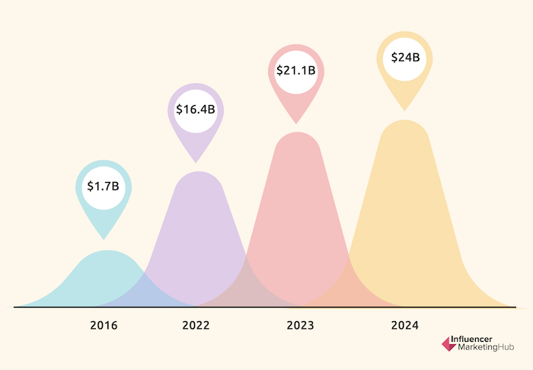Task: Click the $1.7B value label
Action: point(104,187)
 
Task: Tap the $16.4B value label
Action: point(196,110)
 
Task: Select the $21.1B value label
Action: point(295,72)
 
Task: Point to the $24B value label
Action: point(404,57)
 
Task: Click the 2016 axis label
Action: point(104,327)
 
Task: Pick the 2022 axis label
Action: point(196,327)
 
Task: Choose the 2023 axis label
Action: point(300,327)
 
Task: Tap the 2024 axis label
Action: point(404,327)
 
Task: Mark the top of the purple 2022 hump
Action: point(199,173)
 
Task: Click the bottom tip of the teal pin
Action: point(104,238)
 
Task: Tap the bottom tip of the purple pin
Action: point(196,161)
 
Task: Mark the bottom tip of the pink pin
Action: point(295,123)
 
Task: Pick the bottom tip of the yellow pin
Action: point(404,110)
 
